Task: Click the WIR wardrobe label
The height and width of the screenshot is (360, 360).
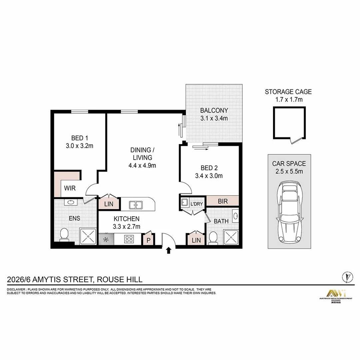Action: tap(70, 188)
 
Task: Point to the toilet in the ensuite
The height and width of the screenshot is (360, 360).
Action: tap(64, 234)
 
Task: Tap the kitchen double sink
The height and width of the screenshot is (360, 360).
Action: tap(136, 205)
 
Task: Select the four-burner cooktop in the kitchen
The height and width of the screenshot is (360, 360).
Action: tap(129, 239)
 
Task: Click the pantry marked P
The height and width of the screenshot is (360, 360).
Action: tap(147, 239)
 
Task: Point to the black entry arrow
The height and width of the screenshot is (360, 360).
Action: tap(169, 250)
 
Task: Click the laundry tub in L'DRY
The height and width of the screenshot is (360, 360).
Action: tap(185, 202)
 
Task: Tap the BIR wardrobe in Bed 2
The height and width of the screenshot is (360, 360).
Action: tap(223, 201)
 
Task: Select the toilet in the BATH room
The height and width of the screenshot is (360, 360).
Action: tap(213, 238)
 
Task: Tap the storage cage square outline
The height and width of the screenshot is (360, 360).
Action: tap(289, 123)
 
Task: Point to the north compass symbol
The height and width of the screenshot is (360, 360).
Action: tap(347, 277)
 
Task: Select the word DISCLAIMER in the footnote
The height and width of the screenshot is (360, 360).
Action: tap(16, 289)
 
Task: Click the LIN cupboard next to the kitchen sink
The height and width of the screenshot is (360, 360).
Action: tap(109, 204)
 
